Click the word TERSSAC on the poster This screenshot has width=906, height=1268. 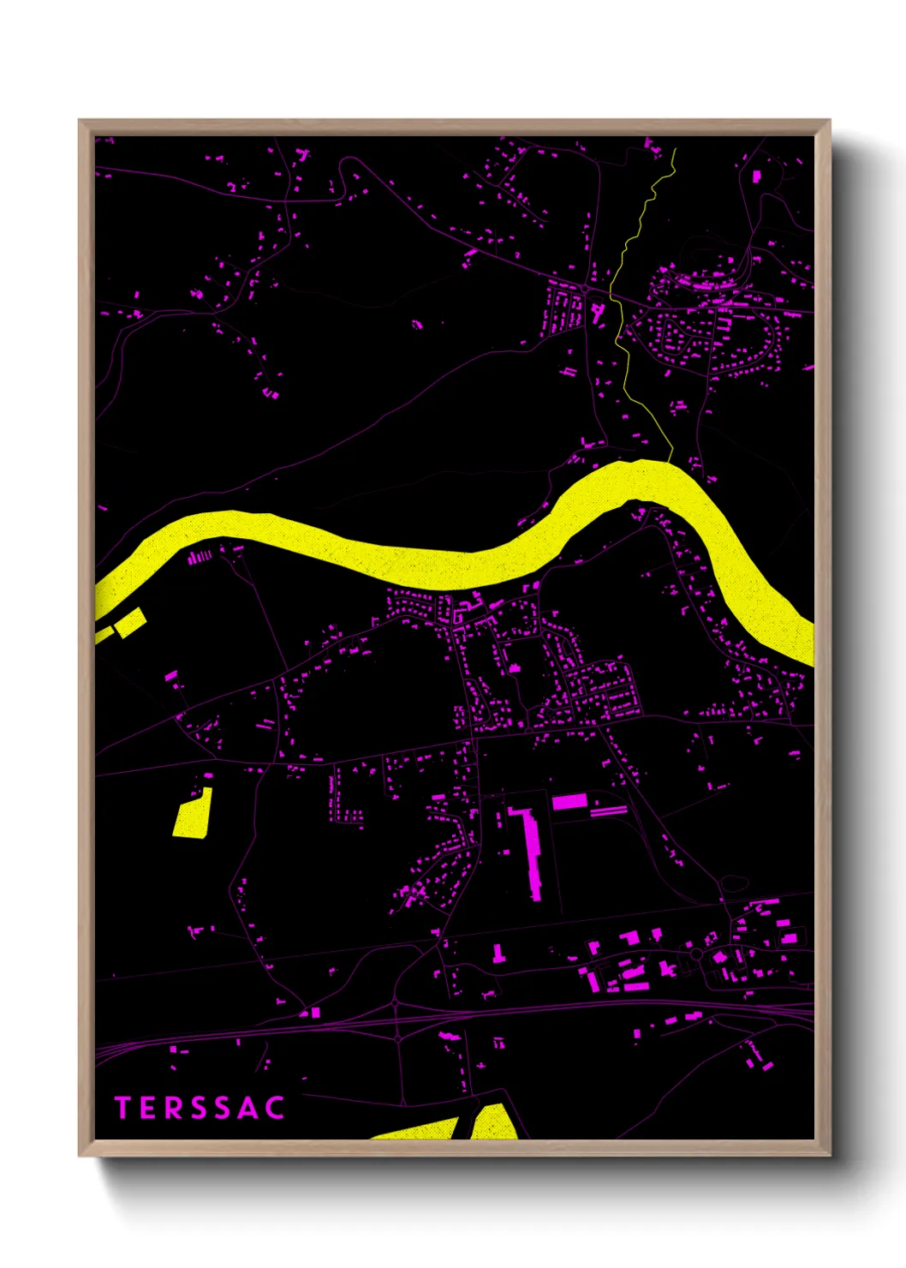coord(200,1108)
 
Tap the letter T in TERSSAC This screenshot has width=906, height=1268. coord(122,1108)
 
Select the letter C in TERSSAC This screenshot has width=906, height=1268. coord(275,1108)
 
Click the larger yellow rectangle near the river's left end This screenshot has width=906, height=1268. coord(130,623)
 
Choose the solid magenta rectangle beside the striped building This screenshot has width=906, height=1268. coord(569,801)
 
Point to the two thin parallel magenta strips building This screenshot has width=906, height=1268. coord(609,810)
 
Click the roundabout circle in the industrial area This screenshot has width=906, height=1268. coord(696,954)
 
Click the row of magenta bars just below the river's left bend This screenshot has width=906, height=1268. coord(200,556)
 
